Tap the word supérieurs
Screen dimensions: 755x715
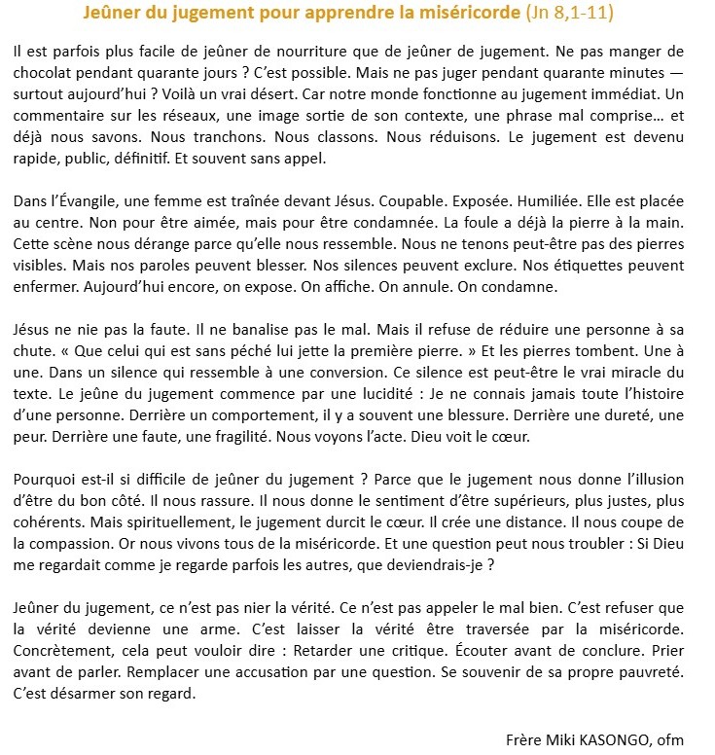coord(517,503)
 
